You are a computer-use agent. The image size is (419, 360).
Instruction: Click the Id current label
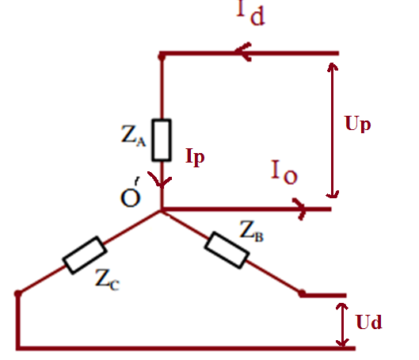click(250, 13)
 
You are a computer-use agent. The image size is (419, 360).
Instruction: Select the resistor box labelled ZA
click(162, 140)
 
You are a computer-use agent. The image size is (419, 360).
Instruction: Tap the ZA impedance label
click(133, 136)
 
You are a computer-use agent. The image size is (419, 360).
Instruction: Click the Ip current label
click(195, 157)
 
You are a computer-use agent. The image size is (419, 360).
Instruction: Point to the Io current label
click(284, 172)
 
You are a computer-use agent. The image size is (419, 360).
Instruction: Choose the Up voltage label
click(357, 124)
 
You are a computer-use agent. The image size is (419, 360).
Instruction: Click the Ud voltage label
click(369, 321)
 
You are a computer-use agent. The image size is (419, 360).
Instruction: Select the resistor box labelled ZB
click(227, 250)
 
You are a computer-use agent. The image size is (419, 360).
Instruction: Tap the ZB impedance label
click(251, 231)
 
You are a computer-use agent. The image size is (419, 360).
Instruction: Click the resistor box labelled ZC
click(85, 255)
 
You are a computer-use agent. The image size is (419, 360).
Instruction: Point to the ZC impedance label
click(107, 279)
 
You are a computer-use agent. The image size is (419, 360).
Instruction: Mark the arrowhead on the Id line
click(242, 52)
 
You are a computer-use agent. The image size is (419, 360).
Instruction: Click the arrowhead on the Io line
click(300, 209)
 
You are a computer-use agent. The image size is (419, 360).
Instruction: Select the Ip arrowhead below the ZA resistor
click(160, 180)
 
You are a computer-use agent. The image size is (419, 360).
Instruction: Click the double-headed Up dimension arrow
click(332, 131)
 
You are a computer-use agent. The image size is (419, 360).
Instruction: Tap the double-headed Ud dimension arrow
click(342, 324)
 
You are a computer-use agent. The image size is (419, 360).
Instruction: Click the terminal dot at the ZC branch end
click(18, 294)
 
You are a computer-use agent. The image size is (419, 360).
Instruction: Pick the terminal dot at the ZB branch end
click(302, 293)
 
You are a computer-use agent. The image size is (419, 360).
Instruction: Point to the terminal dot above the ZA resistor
click(162, 56)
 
